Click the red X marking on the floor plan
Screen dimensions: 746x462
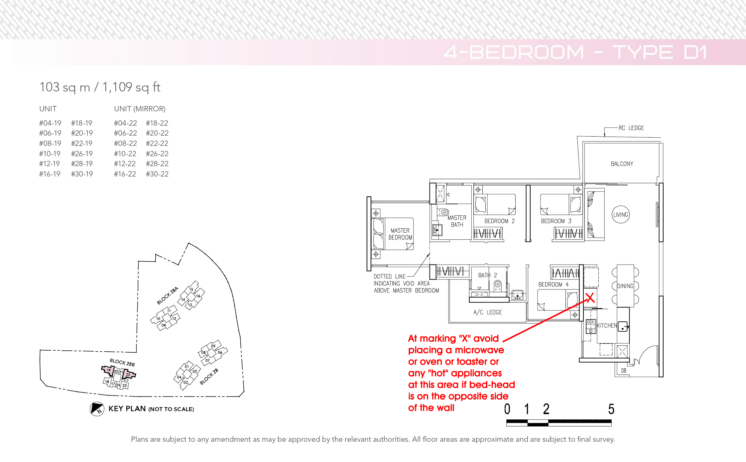pyautogui.click(x=590, y=297)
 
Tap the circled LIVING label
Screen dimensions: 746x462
pyautogui.click(x=621, y=215)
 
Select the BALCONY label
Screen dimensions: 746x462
pyautogui.click(x=622, y=164)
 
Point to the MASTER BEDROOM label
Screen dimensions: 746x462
pyautogui.click(x=400, y=234)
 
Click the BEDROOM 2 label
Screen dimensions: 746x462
pyautogui.click(x=499, y=221)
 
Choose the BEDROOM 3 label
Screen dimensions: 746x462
pyautogui.click(x=556, y=221)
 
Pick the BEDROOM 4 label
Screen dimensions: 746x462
pyautogui.click(x=554, y=285)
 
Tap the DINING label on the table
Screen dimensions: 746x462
pyautogui.click(x=625, y=286)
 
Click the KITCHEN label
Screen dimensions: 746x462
pyautogui.click(x=607, y=326)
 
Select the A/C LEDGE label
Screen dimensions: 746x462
pyautogui.click(x=488, y=312)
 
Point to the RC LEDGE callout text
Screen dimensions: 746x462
pyautogui.click(x=631, y=128)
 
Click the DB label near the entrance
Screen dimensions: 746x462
pyautogui.click(x=624, y=371)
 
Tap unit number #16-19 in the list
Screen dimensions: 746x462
pyautogui.click(x=50, y=174)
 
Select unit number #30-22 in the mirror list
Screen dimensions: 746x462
pyautogui.click(x=157, y=174)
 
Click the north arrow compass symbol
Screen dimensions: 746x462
pyautogui.click(x=97, y=409)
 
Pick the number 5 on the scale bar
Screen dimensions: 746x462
pyautogui.click(x=611, y=409)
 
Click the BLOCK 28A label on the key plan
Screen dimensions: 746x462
pyautogui.click(x=168, y=295)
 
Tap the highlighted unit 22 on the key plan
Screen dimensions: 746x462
pyautogui.click(x=128, y=375)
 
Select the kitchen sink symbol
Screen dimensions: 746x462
pyautogui.click(x=623, y=326)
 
